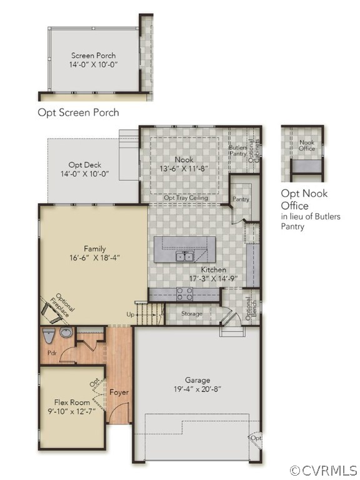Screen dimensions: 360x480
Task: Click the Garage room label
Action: tap(197, 380)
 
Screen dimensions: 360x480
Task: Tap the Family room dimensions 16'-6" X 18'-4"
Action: tap(94, 257)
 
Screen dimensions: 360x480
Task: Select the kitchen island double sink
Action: tap(184, 256)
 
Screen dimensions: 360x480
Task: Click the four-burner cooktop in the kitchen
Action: tap(184, 294)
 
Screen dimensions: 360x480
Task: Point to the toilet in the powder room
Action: tap(48, 336)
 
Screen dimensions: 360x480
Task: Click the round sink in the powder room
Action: tap(66, 332)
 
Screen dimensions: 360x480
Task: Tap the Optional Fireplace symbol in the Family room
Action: tap(51, 312)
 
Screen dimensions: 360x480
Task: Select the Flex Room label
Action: tap(72, 402)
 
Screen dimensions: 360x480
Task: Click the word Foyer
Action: tap(119, 392)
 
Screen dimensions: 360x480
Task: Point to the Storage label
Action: tap(192, 314)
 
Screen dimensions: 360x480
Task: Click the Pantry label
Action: tap(241, 199)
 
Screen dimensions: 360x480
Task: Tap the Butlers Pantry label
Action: tap(238, 151)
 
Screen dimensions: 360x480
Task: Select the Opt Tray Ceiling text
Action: tap(186, 197)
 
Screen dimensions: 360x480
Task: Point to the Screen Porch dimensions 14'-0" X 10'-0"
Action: tap(93, 64)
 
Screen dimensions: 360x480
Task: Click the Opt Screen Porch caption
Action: tap(78, 112)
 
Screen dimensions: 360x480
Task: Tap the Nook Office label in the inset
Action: tap(307, 146)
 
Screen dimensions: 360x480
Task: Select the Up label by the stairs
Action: tap(131, 314)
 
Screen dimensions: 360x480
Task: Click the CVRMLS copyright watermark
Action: tap(323, 470)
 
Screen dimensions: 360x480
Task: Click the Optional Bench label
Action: tap(251, 308)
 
